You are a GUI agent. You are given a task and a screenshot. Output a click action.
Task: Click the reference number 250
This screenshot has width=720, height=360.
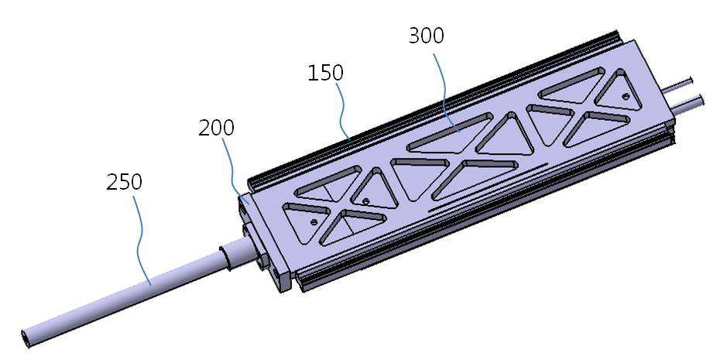124,182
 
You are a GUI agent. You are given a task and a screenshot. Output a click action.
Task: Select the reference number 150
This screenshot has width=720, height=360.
325,73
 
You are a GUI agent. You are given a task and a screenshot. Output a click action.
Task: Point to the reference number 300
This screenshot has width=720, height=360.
427,36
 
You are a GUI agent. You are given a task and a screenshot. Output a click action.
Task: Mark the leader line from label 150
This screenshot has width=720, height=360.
345,110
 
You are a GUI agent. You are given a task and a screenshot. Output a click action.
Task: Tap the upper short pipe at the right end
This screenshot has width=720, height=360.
679,84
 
